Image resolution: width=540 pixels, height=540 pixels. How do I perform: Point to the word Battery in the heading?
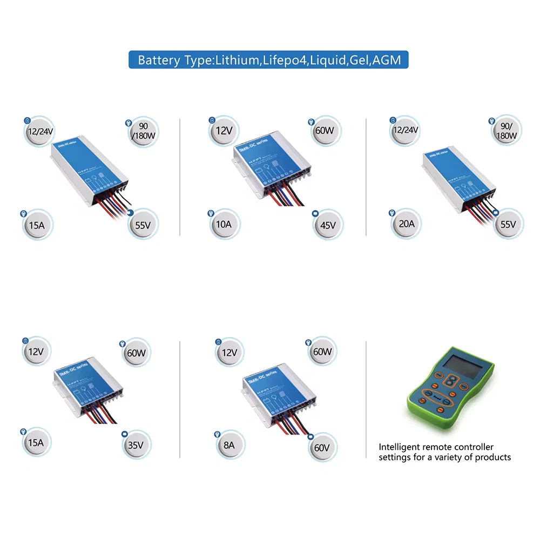click(158, 59)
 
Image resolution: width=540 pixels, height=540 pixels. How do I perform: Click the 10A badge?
click(224, 224)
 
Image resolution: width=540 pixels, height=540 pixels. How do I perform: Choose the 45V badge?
click(328, 225)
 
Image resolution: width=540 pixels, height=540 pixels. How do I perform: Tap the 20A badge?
click(406, 224)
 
